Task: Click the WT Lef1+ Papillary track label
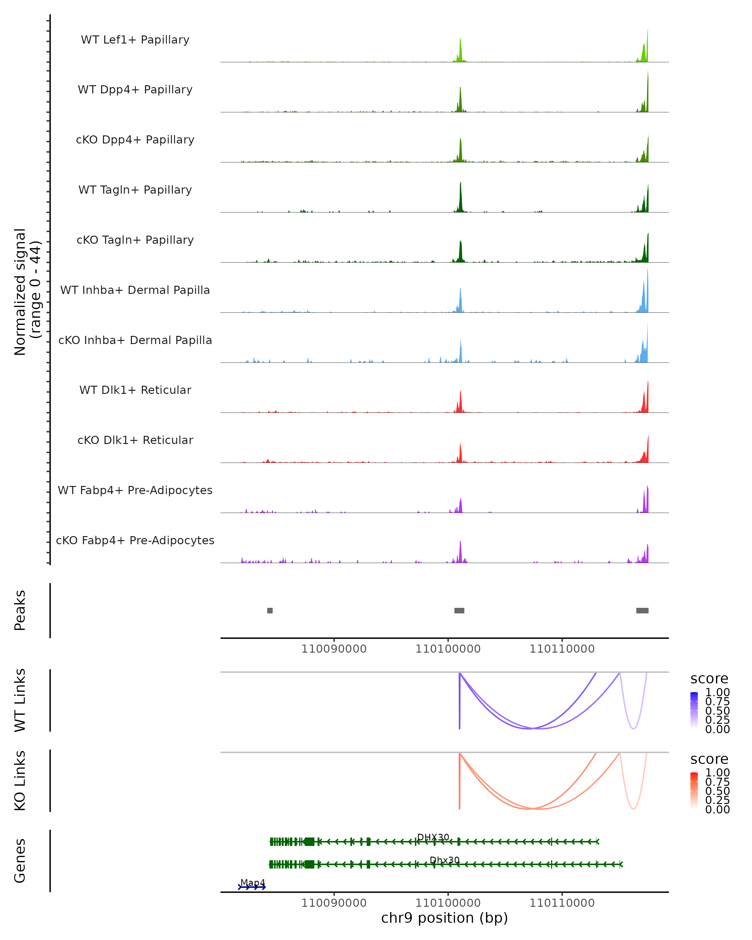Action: click(135, 40)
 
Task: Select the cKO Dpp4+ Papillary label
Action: click(135, 140)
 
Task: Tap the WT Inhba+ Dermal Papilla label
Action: click(135, 290)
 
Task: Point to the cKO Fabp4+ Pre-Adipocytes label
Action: click(135, 540)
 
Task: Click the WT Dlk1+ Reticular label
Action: click(135, 390)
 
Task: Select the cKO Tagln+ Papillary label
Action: click(135, 240)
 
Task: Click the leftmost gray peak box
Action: click(270, 610)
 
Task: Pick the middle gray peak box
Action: click(459, 610)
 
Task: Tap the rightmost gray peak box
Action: click(642, 610)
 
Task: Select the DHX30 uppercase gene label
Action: click(433, 837)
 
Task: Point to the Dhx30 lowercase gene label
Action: click(445, 860)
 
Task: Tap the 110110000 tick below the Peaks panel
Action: click(562, 649)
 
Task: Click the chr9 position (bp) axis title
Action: click(444, 918)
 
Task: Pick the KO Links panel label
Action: click(20, 781)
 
